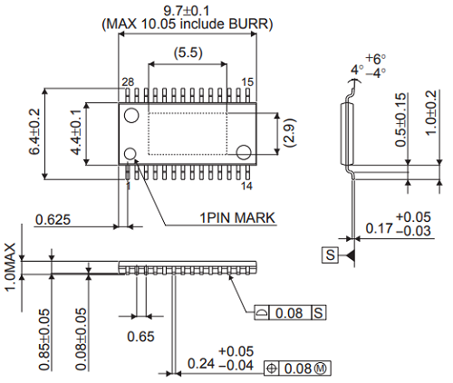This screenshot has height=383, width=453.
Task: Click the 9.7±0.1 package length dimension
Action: pos(187,9)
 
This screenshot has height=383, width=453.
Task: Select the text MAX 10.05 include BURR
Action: pos(188,24)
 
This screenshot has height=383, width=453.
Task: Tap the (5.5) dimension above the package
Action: pos(188,54)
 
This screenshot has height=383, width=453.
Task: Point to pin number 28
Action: pos(128,82)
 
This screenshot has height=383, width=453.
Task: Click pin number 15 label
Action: pos(246,82)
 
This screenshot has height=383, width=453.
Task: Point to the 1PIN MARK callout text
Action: pos(238,217)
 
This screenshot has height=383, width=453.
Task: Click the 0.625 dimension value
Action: pos(53,219)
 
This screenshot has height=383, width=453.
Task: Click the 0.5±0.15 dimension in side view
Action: pos(400,120)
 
